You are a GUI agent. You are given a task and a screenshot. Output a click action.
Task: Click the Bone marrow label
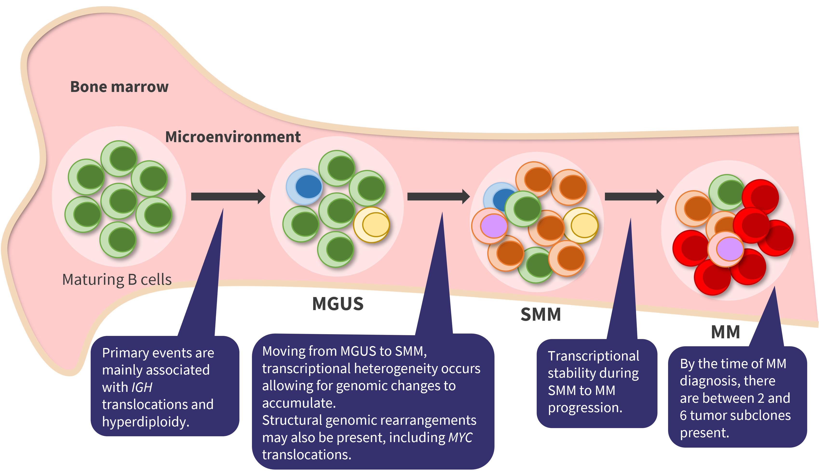click(119, 87)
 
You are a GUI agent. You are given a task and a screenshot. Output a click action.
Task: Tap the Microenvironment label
click(233, 137)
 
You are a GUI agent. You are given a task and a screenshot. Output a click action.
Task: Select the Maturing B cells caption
click(117, 279)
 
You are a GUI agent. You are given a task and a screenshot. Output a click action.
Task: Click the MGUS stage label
click(338, 304)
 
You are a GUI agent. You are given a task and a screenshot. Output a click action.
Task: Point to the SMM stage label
click(541, 314)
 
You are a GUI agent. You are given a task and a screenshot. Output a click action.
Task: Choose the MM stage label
click(725, 332)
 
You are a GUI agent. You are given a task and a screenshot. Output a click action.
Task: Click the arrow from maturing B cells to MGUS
click(228, 196)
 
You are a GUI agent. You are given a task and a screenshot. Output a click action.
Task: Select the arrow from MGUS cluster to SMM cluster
click(438, 196)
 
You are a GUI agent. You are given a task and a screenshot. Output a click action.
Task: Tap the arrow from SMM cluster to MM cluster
click(634, 196)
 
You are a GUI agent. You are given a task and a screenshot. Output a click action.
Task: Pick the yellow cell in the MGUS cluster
click(372, 224)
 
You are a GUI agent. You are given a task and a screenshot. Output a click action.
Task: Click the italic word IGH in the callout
click(142, 387)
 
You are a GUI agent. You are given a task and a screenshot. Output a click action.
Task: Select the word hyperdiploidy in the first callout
click(145, 422)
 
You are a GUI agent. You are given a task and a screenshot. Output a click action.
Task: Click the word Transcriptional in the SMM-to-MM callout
click(593, 356)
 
